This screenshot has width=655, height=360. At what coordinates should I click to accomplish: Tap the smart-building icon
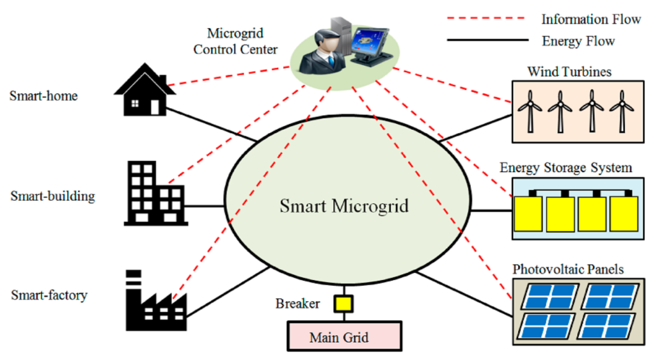click(154, 192)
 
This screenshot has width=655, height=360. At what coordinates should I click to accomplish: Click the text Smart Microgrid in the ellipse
click(344, 207)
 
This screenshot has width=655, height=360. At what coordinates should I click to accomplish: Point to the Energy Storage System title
click(565, 168)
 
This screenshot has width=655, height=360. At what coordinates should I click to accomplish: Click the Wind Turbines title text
click(569, 72)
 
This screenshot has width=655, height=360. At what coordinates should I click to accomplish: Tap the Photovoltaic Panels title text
click(567, 269)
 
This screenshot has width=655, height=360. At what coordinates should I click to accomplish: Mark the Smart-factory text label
click(49, 295)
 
